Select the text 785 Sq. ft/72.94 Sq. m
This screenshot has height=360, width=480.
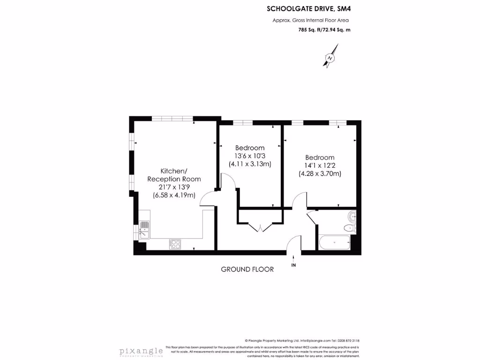[x=324, y=30]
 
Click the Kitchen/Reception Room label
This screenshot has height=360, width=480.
[x=174, y=175]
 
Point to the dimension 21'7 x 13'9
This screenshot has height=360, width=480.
[x=174, y=187]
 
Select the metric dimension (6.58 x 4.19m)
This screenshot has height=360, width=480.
[x=174, y=195]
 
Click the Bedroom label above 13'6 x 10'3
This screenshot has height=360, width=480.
[x=250, y=148]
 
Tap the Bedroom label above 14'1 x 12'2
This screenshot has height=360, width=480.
[x=320, y=157]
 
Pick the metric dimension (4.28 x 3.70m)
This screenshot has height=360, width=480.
[x=320, y=173]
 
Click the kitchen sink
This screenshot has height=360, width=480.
[x=144, y=230]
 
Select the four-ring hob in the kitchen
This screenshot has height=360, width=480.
[x=175, y=244]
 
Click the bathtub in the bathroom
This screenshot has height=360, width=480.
[x=334, y=243]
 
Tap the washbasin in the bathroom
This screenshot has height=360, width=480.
[x=352, y=217]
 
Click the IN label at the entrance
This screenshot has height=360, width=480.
[x=294, y=265]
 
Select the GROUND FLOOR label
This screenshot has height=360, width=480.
[x=247, y=269]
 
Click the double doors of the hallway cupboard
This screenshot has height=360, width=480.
[x=260, y=227]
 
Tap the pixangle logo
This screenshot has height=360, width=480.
[x=141, y=351]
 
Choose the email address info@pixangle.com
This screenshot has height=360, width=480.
[x=315, y=341]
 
